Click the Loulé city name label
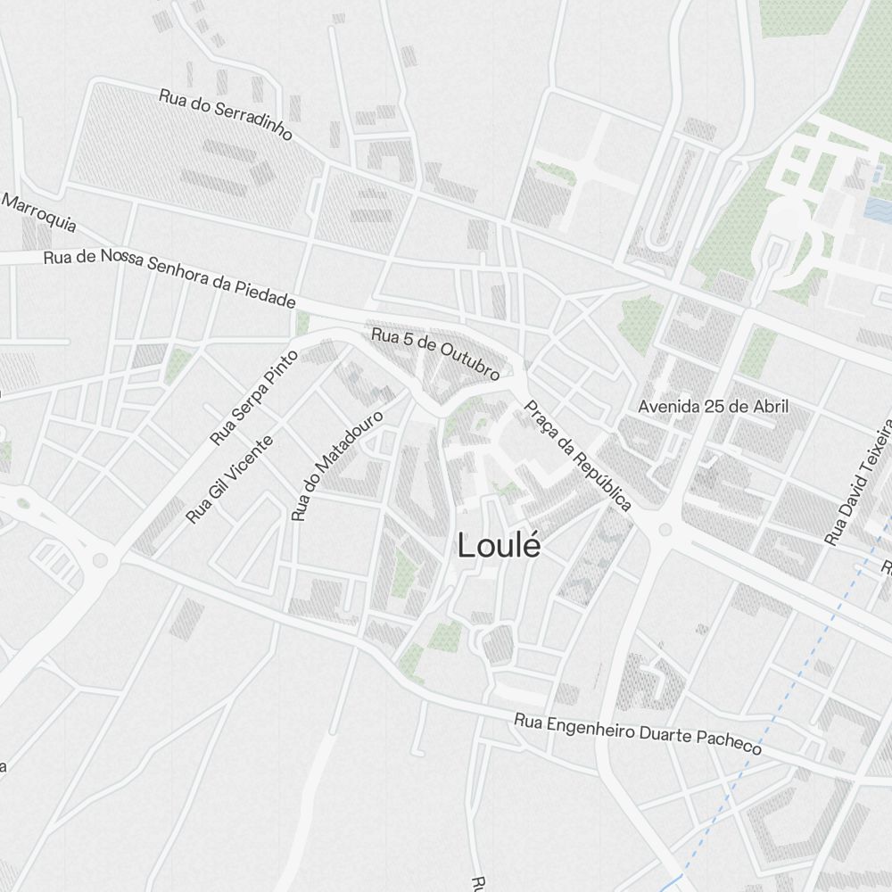pos(499,546)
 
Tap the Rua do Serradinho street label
pos(226,114)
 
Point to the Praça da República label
pos(577,455)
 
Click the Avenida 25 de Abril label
pos(714,407)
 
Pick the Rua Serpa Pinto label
pos(253,397)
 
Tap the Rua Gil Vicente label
pos(229,479)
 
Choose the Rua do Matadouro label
pos(336,465)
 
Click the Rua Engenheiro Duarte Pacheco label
pos(639,733)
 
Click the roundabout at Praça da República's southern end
pos(665,530)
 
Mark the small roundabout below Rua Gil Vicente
pos(100,560)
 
